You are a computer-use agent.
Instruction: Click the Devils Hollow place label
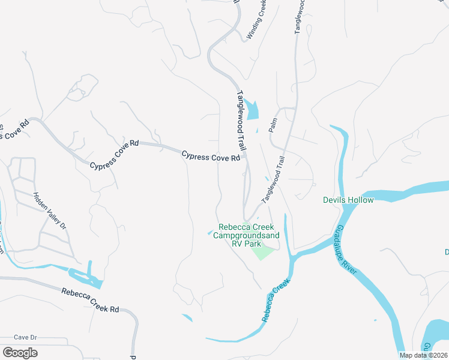point(348,200)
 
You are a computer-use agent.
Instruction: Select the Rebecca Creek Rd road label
point(90,300)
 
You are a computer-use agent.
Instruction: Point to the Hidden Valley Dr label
point(50,211)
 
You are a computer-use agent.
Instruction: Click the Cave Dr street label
point(26,337)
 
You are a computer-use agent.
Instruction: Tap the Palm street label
point(273,125)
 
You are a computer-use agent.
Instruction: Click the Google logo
point(20,353)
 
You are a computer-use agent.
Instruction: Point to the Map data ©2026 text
point(423,355)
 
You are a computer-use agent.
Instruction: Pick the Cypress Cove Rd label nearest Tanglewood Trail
point(211,157)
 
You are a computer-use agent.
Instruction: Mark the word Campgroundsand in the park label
point(249,236)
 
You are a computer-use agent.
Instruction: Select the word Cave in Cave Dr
point(22,337)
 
